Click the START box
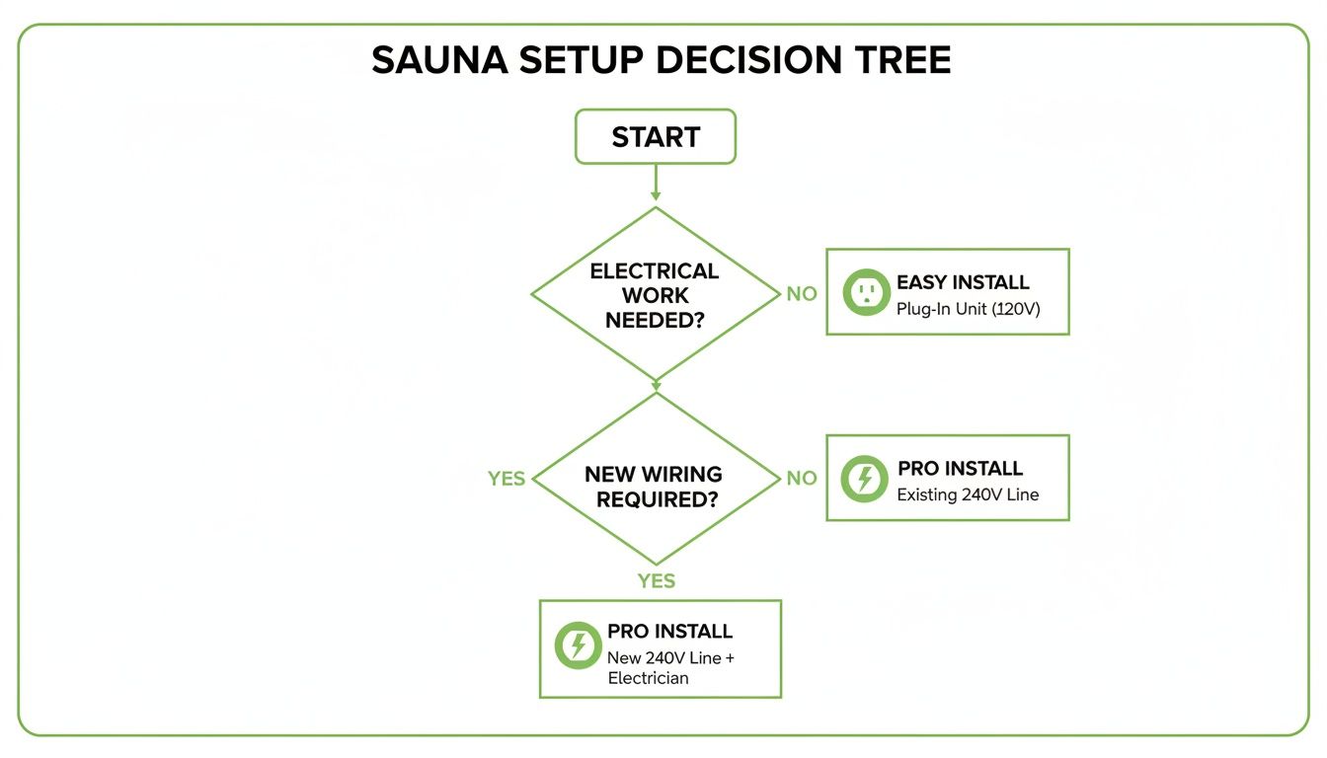point(656,136)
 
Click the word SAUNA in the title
point(441,61)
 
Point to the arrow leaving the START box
point(656,184)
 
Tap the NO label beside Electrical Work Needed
point(802,294)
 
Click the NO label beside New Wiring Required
point(802,479)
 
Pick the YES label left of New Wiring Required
point(507,479)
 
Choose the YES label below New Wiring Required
point(656,580)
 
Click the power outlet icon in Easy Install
point(866,292)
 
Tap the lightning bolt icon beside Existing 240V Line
point(865,479)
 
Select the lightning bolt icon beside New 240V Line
point(578,645)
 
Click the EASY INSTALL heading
point(963,282)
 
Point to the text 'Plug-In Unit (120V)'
point(968,309)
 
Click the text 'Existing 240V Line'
point(968,494)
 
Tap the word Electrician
point(648,678)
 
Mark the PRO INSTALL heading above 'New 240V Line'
point(669,632)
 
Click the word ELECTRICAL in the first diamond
point(655,270)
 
